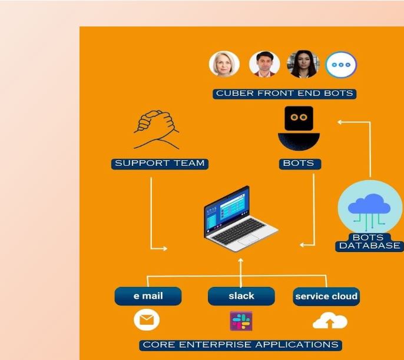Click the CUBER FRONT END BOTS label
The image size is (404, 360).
tap(285, 93)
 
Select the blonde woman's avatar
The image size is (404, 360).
tap(224, 64)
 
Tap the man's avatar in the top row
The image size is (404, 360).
tap(264, 64)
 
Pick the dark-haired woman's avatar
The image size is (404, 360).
tap(302, 64)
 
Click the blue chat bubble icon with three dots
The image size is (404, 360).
tap(342, 64)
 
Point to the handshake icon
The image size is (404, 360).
tap(156, 129)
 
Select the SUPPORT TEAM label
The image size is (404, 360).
tap(160, 163)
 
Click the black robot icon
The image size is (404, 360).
tap(299, 128)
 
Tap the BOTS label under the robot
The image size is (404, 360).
tap(299, 163)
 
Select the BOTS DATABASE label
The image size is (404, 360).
tap(369, 242)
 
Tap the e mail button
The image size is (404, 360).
tap(148, 296)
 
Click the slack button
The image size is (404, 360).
tap(241, 296)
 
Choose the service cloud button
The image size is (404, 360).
tap(326, 296)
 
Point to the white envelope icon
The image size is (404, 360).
tap(147, 320)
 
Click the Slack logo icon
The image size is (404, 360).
tap(241, 321)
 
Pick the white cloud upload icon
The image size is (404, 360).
tap(330, 321)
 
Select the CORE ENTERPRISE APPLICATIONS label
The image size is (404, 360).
tap(241, 345)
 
